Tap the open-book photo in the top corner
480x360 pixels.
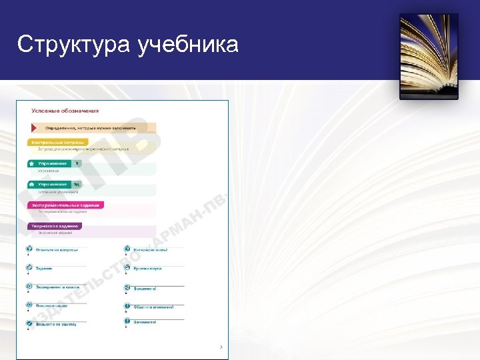429,57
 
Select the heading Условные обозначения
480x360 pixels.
65,111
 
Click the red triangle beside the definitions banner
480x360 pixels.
34,127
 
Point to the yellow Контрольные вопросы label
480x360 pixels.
58,142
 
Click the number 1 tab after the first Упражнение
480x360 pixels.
77,163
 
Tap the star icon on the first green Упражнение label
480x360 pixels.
32,163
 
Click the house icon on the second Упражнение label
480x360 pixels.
32,184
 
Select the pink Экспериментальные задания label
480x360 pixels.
65,205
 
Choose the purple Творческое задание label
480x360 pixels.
55,226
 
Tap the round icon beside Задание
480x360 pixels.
29,268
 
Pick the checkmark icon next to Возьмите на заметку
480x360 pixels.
29,323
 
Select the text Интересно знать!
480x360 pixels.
150,250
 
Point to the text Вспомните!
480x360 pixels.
145,289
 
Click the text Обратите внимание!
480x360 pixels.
153,307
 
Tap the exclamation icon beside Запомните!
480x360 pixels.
127,321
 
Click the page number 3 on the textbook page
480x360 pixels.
221,347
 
